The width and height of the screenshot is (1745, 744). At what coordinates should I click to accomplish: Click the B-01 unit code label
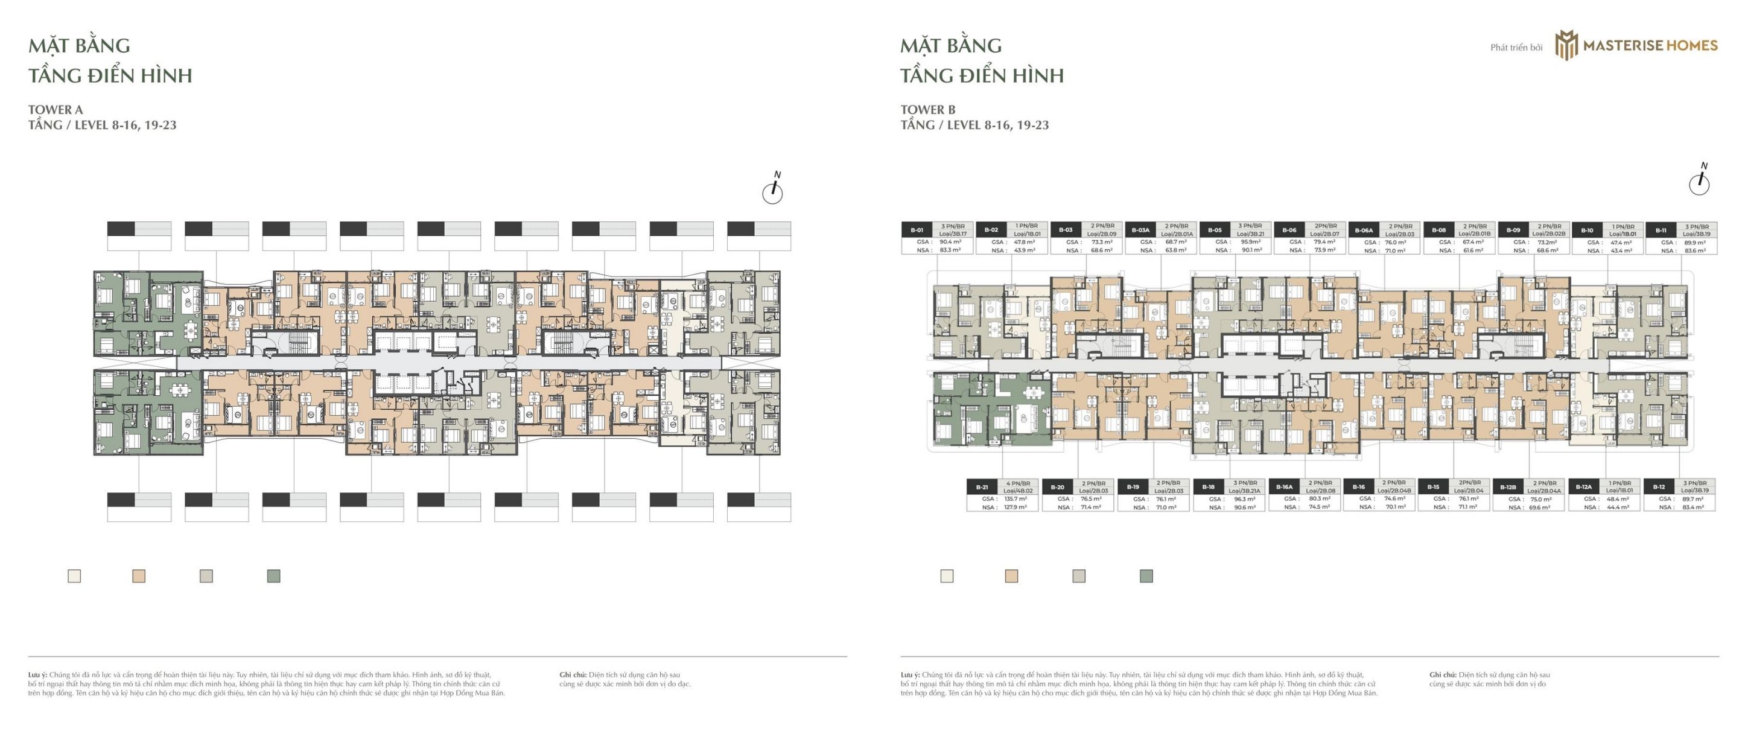click(x=917, y=230)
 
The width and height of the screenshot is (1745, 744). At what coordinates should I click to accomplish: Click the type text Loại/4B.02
click(x=1017, y=491)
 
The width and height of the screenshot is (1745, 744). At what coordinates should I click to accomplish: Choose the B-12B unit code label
click(x=1508, y=486)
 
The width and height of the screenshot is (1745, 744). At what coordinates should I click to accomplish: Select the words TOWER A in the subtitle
click(x=56, y=109)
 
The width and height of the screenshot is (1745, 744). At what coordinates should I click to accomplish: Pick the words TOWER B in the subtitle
click(x=928, y=109)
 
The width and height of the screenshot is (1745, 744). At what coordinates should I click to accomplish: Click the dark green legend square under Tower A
click(x=274, y=576)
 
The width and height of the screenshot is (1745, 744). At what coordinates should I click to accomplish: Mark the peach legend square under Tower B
click(x=1011, y=576)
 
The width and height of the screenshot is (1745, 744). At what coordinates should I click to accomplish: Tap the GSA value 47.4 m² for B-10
click(x=1621, y=242)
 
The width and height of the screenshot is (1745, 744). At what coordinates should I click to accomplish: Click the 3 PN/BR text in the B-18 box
click(x=1245, y=483)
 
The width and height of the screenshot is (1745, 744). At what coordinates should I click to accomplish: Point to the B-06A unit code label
click(x=1364, y=230)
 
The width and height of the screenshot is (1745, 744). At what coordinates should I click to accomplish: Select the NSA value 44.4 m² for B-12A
click(x=1618, y=507)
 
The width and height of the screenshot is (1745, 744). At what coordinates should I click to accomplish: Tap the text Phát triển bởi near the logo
click(x=1516, y=48)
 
